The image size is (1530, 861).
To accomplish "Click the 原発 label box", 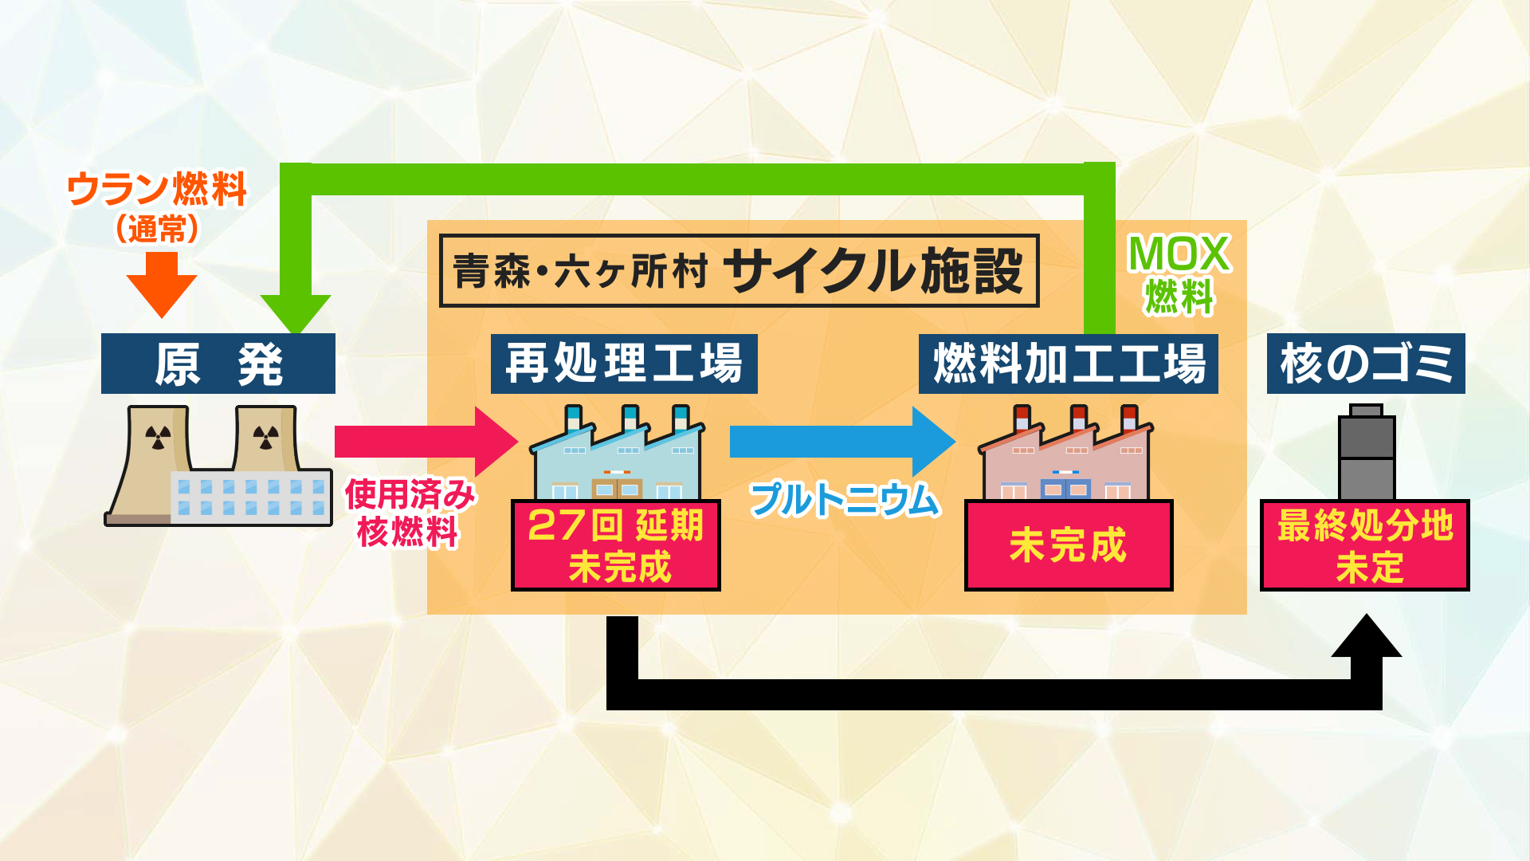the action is [218, 364].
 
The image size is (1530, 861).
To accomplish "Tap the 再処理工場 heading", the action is [624, 364].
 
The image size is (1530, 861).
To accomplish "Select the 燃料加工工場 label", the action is [1069, 364].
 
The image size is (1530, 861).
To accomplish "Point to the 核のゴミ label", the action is [1366, 364].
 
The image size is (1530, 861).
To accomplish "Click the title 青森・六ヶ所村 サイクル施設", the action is [739, 270].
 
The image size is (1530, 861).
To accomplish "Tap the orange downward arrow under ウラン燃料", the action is [162, 285].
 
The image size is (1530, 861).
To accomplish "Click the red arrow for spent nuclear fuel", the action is [426, 442].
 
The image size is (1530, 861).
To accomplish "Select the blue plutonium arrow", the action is [842, 442].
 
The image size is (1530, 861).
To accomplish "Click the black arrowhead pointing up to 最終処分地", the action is [1367, 635].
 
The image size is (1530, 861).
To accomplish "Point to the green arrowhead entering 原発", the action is [296, 313].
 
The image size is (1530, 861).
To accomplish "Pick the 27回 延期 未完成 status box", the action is [616, 545].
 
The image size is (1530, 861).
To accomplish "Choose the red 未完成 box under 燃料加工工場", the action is [1069, 545].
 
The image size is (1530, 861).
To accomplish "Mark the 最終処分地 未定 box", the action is [1365, 545].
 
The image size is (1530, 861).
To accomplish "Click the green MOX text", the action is [1179, 254].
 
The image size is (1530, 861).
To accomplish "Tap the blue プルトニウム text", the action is [845, 500].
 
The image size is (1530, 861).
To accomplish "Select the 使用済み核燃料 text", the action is [410, 513].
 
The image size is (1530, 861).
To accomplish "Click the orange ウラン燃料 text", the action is [157, 190].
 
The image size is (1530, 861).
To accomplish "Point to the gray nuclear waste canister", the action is [1366, 452].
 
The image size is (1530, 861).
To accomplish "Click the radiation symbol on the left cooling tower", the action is [159, 437].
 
